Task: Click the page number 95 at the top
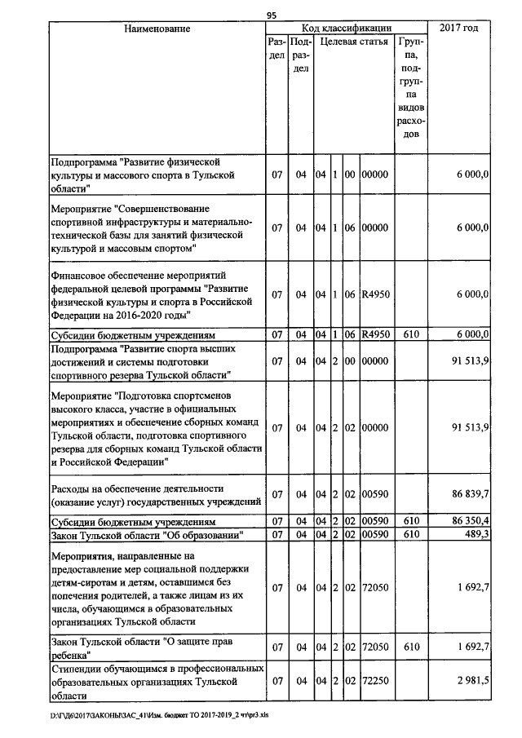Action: pos(272,15)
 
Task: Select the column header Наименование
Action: pos(157,29)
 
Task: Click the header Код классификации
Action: pos(347,29)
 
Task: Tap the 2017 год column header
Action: pos(459,29)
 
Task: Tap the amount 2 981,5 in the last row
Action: pos(469,680)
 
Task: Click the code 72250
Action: pos(375,680)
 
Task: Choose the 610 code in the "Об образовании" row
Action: pos(411,534)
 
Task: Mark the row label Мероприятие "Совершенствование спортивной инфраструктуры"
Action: pos(151,227)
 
